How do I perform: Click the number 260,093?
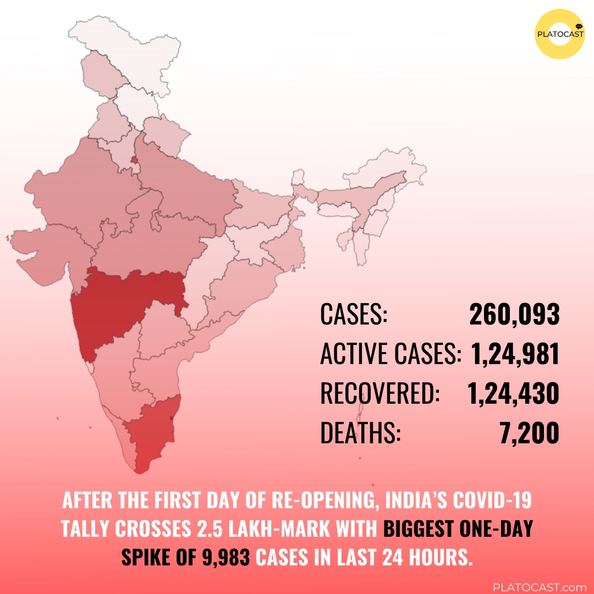pyautogui.click(x=514, y=316)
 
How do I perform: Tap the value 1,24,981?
pyautogui.click(x=515, y=355)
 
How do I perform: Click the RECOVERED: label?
pyautogui.click(x=380, y=394)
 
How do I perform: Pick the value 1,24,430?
pyautogui.click(x=513, y=394)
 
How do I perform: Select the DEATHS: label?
pyautogui.click(x=360, y=433)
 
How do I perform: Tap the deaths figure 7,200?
pyautogui.click(x=529, y=433)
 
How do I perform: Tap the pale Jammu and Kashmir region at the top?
pyautogui.click(x=127, y=38)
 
